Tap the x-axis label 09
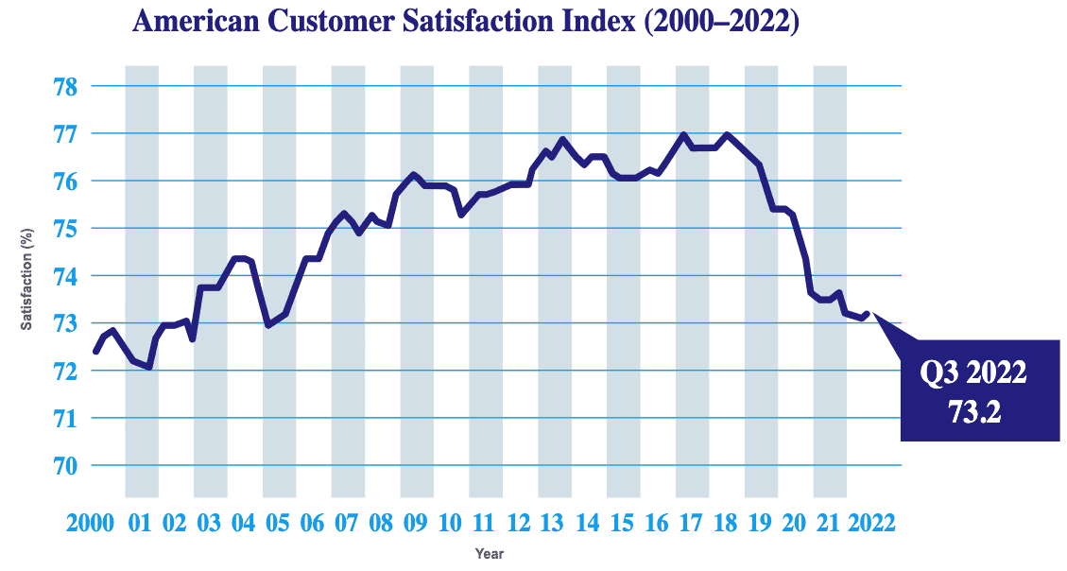(416, 523)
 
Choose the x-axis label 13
(554, 523)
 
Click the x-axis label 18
(726, 523)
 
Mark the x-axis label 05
(279, 523)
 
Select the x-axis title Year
(490, 552)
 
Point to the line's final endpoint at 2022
(867, 314)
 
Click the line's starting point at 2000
(95, 352)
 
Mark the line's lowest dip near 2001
(149, 367)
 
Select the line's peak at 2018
(726, 134)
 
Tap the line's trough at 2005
(268, 325)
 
